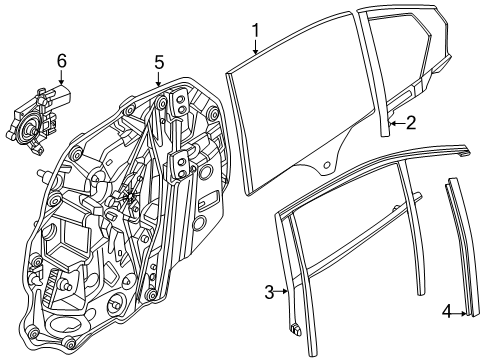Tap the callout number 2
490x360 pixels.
(x=412, y=124)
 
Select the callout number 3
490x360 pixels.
(x=269, y=291)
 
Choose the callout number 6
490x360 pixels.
(x=61, y=61)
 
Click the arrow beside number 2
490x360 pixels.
(x=396, y=124)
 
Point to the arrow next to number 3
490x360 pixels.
(x=285, y=292)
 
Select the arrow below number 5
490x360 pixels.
(x=157, y=82)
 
